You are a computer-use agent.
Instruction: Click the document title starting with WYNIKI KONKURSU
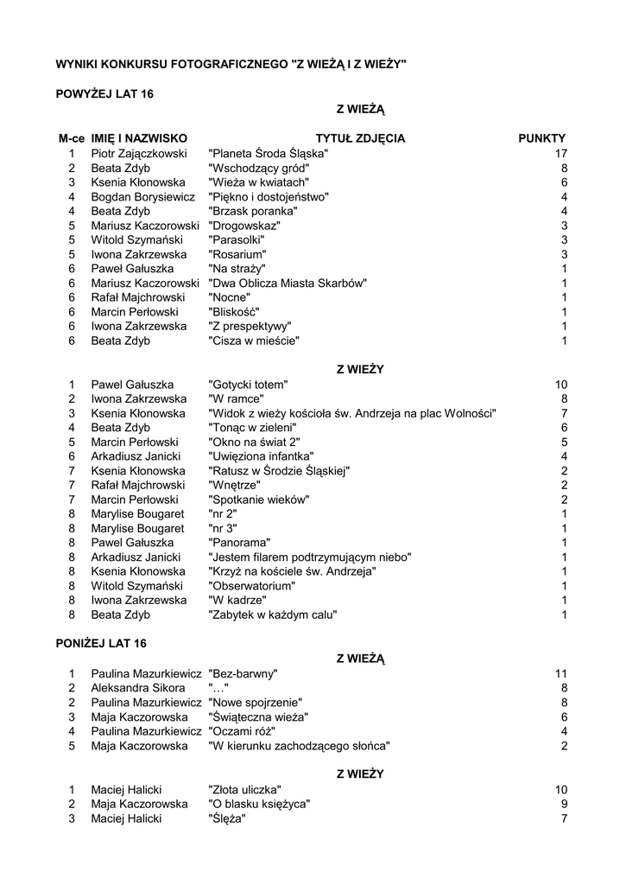point(231,64)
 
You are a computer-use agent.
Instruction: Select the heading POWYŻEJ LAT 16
point(104,93)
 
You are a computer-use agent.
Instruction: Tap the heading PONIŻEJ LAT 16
point(102,643)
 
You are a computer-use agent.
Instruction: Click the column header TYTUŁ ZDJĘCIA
point(360,138)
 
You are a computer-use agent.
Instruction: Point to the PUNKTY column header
point(541,138)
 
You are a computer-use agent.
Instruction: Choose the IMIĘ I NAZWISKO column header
point(139,138)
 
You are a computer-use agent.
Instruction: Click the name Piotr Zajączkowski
point(139,153)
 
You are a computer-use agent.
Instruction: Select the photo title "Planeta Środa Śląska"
point(269,153)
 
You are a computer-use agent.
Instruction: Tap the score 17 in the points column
point(560,153)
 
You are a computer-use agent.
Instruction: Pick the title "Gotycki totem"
point(248,384)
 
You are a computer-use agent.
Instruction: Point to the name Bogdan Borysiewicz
point(143,196)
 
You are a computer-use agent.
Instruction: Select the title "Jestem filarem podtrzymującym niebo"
point(310,557)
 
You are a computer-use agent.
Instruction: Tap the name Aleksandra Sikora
point(138,688)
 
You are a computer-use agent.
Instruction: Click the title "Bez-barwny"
point(243,673)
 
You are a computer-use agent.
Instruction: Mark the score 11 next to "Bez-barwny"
point(560,673)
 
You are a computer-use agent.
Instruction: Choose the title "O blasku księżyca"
point(259,804)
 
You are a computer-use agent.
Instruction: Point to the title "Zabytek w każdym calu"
point(273,614)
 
